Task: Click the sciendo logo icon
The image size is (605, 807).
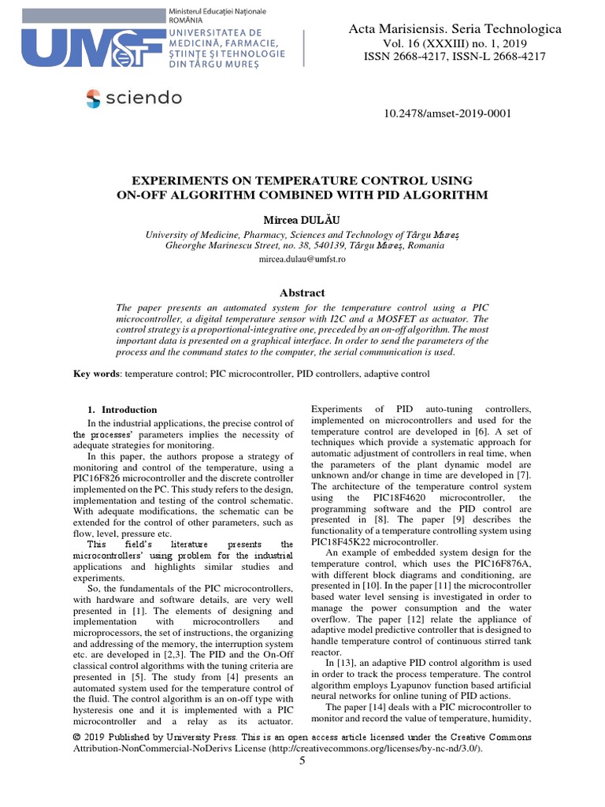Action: click(93, 99)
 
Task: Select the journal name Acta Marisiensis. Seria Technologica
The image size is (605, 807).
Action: click(455, 29)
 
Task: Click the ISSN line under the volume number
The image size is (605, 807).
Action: click(455, 58)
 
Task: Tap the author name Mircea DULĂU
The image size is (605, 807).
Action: click(302, 218)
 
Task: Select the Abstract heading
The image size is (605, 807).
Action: click(302, 292)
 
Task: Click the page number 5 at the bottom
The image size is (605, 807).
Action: click(302, 760)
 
